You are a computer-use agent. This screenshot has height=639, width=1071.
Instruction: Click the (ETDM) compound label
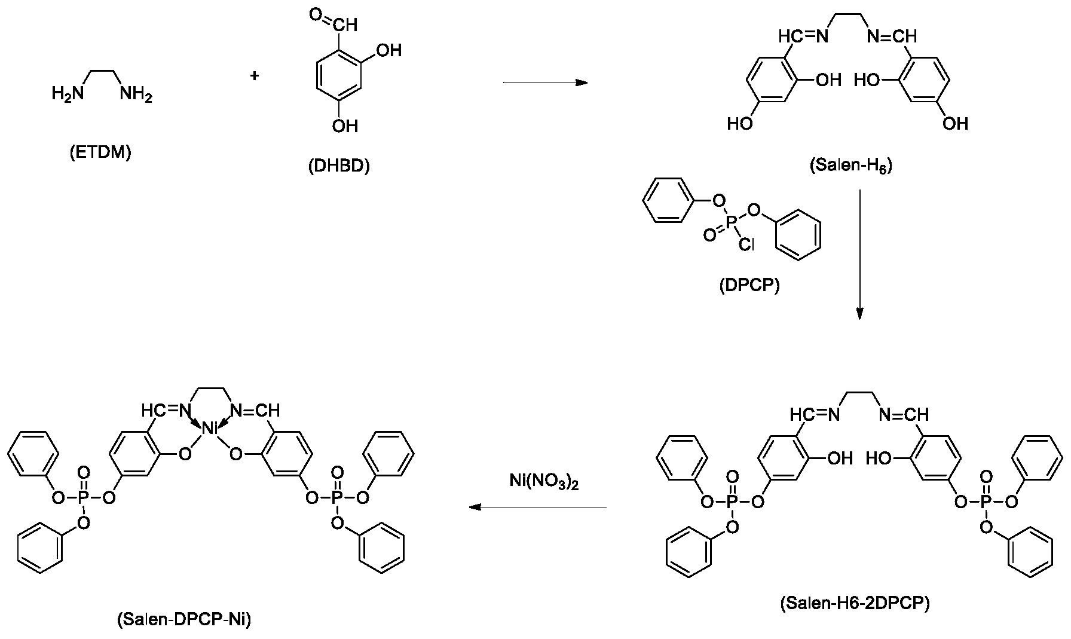[100, 153]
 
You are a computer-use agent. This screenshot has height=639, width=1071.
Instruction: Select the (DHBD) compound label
[339, 166]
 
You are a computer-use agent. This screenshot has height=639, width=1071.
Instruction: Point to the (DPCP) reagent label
[749, 286]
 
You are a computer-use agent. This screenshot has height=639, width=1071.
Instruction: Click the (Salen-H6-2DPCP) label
[855, 604]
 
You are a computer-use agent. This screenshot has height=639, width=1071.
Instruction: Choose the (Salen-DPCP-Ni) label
[184, 620]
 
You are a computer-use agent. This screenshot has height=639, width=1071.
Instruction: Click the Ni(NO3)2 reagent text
[544, 482]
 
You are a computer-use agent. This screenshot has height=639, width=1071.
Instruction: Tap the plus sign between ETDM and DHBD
[255, 76]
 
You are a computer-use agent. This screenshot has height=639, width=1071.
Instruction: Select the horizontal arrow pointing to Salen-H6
[545, 82]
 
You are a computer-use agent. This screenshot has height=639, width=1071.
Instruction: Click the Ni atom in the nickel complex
[210, 428]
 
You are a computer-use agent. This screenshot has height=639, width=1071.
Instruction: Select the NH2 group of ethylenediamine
[136, 94]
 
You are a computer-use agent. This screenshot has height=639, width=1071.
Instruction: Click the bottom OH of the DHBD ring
[344, 125]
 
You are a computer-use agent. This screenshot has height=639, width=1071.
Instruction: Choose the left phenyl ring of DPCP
[665, 201]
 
